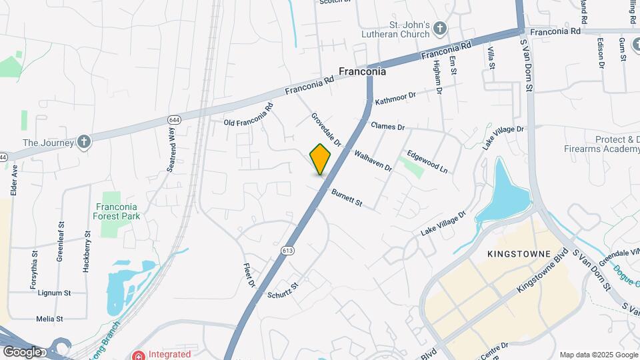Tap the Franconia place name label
[362, 71]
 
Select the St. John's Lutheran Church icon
[439, 28]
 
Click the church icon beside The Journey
[83, 142]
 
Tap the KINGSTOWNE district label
[519, 254]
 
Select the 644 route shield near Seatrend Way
[174, 120]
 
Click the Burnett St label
[347, 197]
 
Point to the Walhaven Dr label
[373, 160]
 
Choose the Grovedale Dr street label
[326, 129]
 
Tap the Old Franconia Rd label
[249, 115]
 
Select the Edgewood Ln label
[427, 161]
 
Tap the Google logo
[22, 351]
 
